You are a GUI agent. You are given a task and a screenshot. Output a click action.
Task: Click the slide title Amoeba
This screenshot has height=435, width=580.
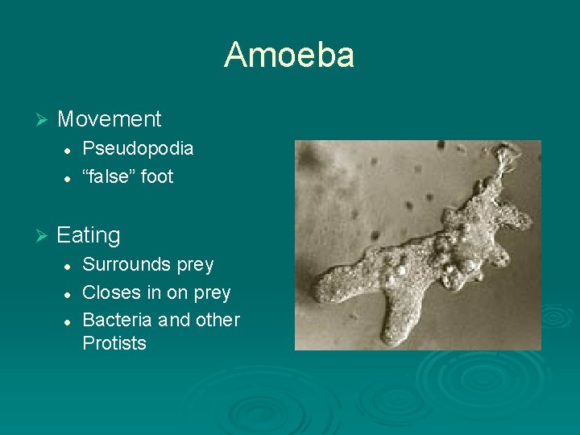coord(289,55)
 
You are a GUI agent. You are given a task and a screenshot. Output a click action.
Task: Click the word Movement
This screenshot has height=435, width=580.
coord(110,119)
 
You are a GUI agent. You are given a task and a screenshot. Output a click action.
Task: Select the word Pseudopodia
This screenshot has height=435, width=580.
coord(138,148)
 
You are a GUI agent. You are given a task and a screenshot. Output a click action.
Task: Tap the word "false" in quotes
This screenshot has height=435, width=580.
coord(109,176)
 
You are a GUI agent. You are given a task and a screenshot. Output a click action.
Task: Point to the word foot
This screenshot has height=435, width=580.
coord(157,176)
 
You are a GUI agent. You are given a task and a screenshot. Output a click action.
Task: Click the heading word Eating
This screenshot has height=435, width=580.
coord(89,235)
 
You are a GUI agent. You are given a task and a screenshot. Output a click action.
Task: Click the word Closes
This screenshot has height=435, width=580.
coord(110,292)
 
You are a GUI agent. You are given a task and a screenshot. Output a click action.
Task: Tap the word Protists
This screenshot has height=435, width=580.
coord(114,343)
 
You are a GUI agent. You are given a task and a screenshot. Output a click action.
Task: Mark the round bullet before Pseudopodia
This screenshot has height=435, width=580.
coord(70,149)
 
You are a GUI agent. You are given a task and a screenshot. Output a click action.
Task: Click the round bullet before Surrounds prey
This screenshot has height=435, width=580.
coord(70,265)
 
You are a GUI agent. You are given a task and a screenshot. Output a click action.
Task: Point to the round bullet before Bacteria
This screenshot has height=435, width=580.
coord(70,321)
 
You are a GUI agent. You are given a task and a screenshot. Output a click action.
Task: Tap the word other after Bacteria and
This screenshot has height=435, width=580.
coord(217,320)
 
